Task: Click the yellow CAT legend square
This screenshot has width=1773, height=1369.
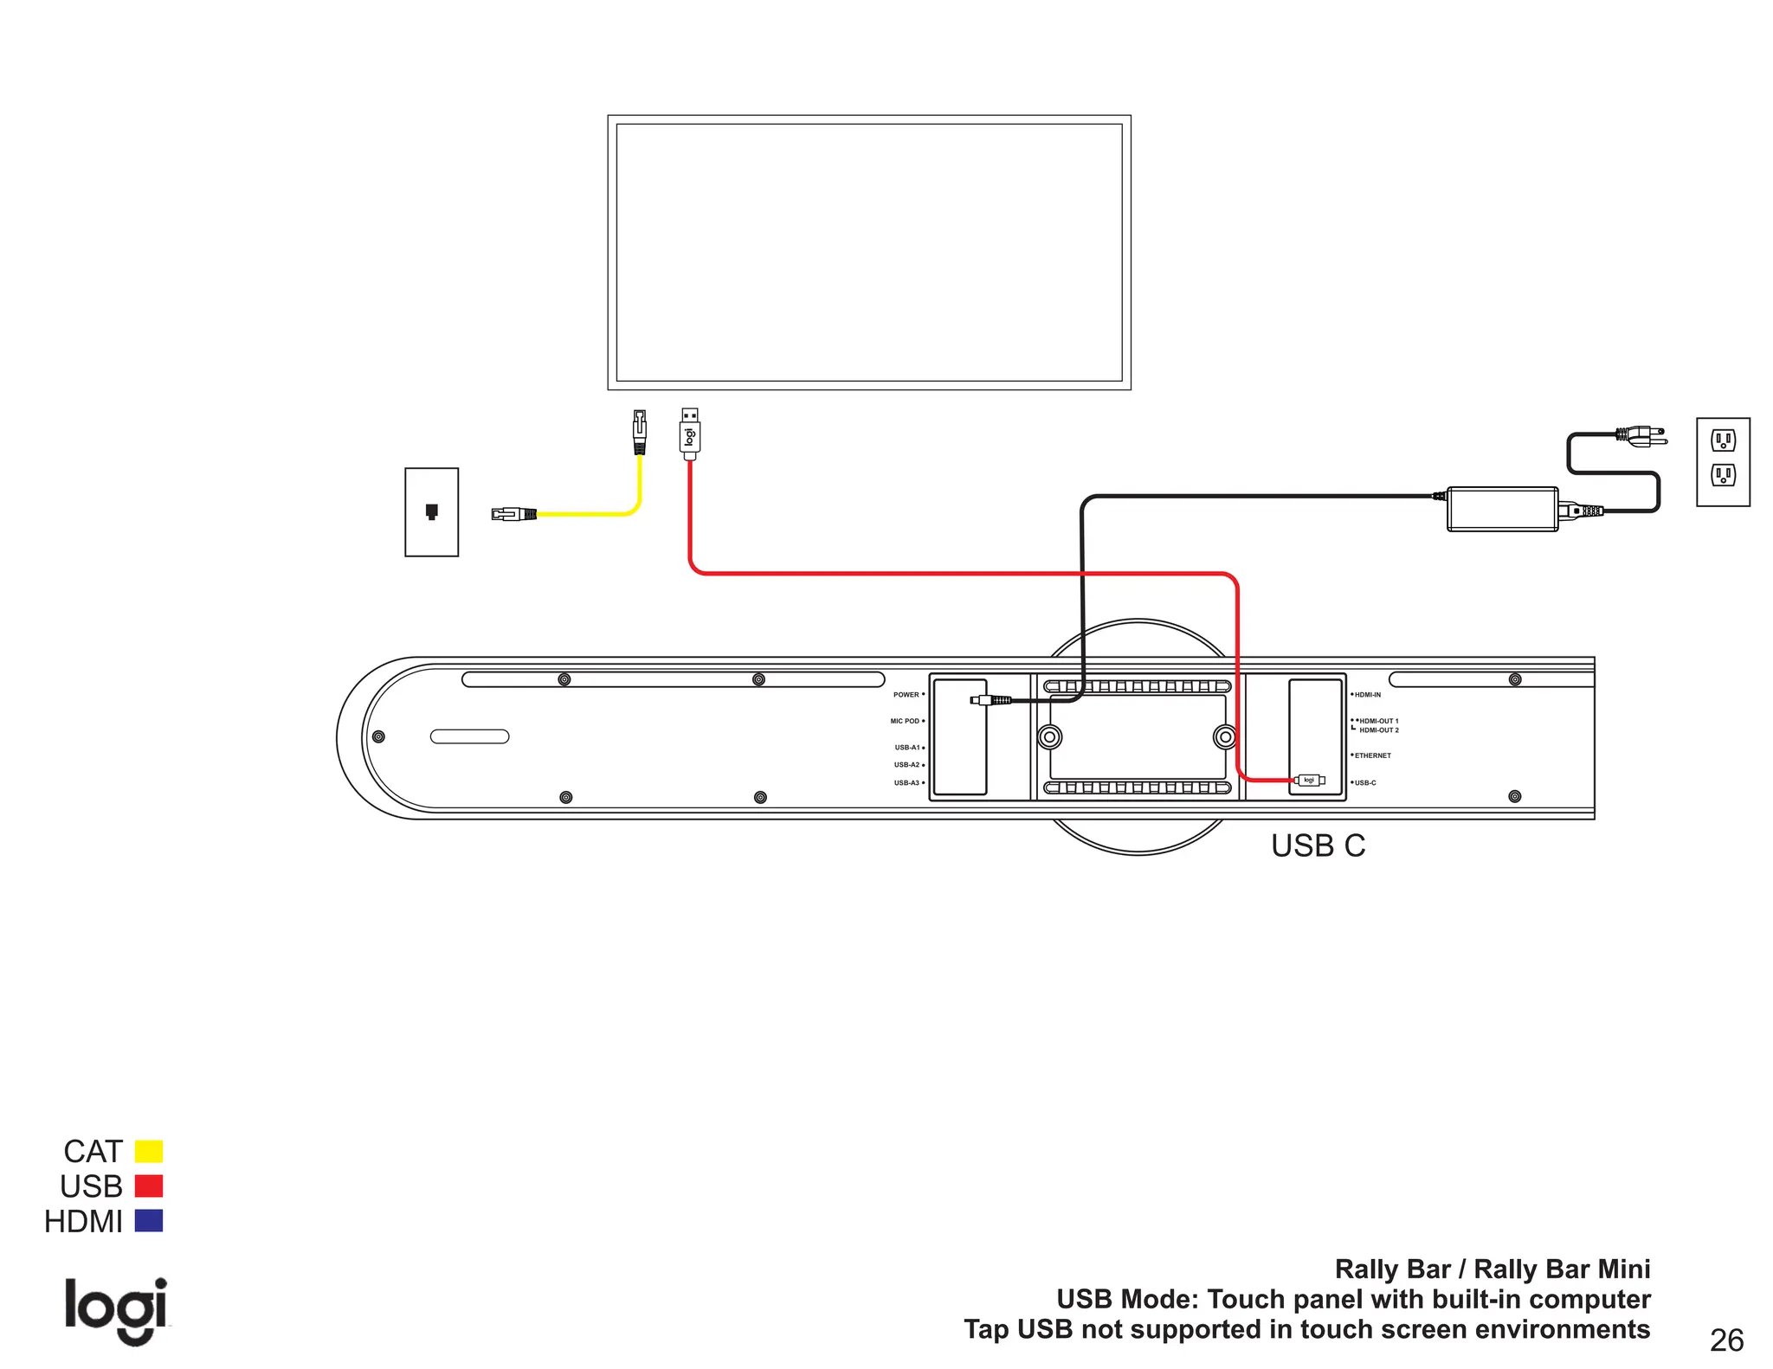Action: (149, 1151)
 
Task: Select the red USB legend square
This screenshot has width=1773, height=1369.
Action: (149, 1186)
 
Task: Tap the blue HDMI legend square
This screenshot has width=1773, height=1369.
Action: (149, 1220)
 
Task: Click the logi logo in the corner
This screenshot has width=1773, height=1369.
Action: (116, 1310)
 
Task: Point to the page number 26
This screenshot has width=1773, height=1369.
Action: (1726, 1340)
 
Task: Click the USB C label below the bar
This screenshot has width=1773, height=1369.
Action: (1318, 845)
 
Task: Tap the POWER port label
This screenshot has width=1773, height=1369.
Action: (906, 695)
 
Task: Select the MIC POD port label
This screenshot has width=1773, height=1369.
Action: (905, 721)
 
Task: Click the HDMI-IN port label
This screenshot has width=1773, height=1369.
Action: (1368, 695)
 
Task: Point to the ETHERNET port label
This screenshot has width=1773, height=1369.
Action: (1373, 755)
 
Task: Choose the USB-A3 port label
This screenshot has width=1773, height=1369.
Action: (906, 783)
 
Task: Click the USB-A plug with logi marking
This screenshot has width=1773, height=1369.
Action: (690, 434)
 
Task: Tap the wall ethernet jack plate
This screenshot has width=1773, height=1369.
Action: (431, 512)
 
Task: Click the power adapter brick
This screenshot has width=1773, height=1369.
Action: (1502, 509)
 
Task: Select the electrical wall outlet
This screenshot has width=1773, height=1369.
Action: (1723, 462)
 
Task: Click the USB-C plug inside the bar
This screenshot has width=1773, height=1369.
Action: (1310, 781)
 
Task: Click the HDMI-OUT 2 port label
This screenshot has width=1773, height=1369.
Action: (1379, 730)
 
